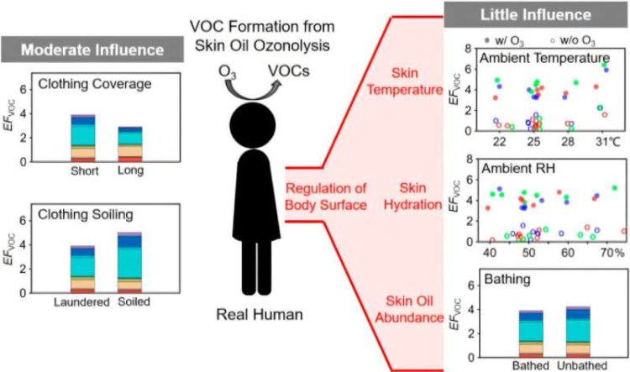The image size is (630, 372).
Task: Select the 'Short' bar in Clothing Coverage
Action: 82,139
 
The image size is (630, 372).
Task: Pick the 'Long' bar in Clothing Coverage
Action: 130,144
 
